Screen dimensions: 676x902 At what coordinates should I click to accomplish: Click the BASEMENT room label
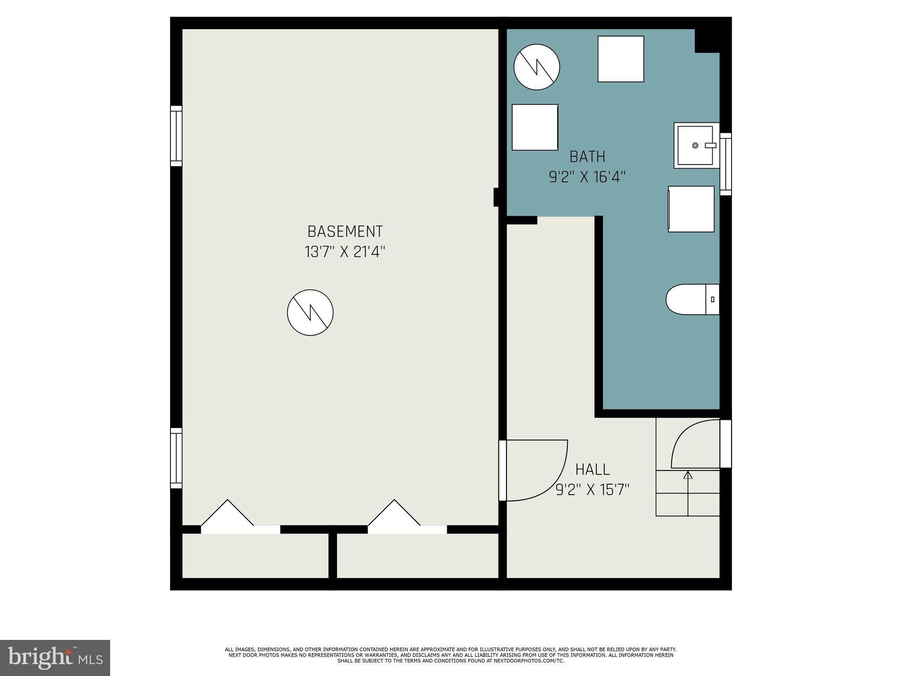345,231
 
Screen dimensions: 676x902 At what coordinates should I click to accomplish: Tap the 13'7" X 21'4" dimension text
345,252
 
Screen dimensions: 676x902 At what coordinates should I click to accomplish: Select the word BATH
587,157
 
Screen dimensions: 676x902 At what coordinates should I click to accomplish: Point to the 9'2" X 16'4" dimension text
587,177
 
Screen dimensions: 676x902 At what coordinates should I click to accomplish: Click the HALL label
592,470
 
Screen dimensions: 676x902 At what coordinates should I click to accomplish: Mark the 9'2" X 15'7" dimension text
592,490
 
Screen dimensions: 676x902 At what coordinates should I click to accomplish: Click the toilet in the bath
691,299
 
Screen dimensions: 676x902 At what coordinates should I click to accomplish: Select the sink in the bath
695,145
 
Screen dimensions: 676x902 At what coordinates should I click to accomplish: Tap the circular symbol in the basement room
310,312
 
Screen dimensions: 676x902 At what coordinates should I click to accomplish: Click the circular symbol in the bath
536,67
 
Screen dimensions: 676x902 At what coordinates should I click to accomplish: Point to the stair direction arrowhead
688,475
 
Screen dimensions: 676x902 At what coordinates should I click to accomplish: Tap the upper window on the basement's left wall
176,136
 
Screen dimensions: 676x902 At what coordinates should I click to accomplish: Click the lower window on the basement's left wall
176,458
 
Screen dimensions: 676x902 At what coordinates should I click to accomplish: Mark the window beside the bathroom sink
725,164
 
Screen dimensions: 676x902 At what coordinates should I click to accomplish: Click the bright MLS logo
55,658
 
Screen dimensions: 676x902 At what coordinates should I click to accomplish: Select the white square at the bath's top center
621,59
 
